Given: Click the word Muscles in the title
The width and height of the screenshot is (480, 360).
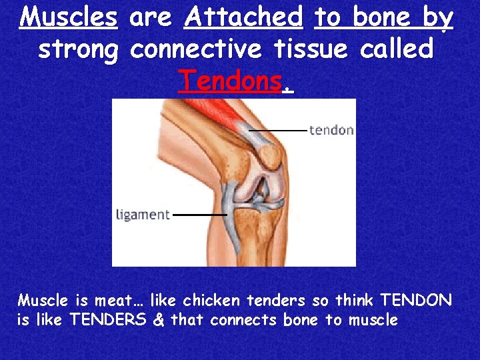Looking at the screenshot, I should coord(69,17).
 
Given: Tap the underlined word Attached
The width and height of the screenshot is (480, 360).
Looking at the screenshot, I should coord(243,17).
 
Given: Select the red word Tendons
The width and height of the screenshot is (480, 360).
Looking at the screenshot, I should coord(231,80).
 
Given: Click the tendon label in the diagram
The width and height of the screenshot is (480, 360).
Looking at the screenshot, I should coord(331,130).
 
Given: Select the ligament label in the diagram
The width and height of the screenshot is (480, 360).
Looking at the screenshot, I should coord(143,215).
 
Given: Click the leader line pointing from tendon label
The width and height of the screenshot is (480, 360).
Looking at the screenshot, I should coord(279,129).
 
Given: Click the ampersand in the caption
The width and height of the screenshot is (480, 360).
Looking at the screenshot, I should coord(158,320).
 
